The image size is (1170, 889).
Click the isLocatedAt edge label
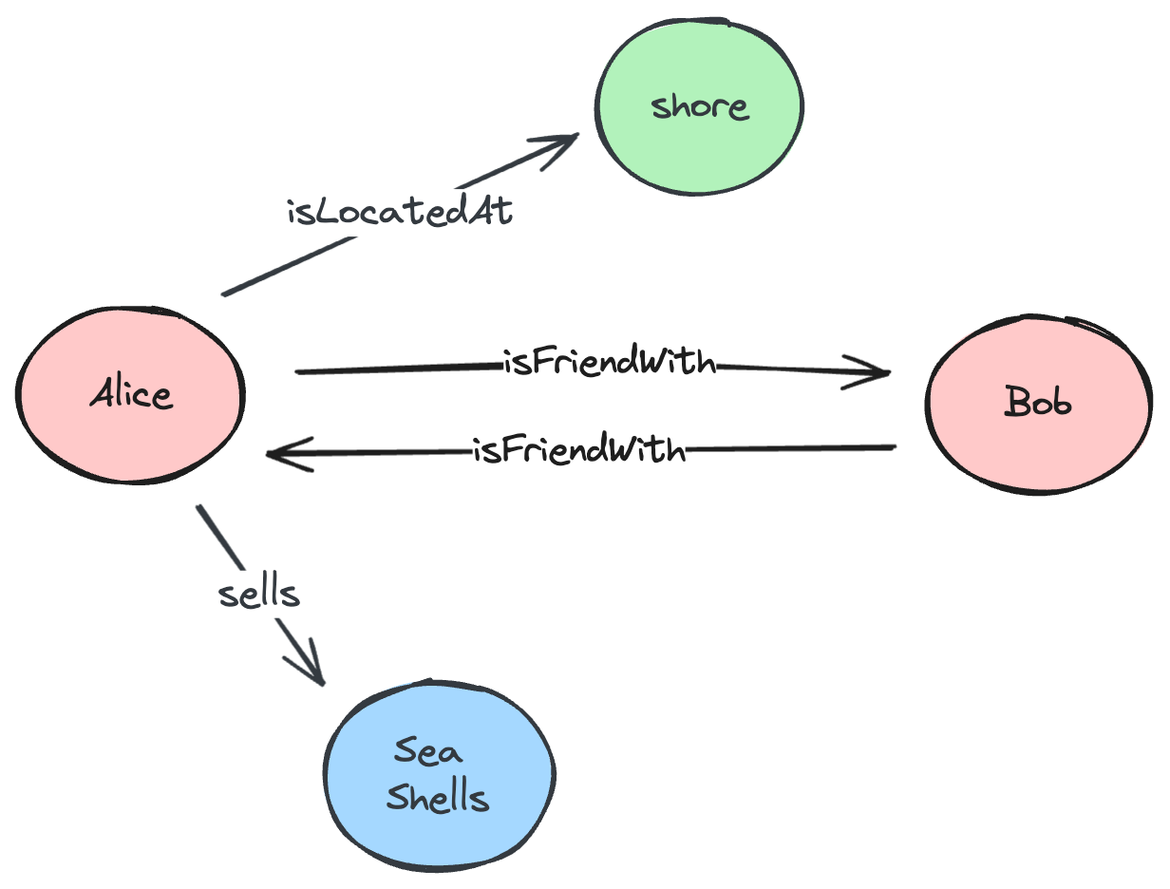400,212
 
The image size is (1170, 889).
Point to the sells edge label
258,594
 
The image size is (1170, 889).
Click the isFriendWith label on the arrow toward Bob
609,364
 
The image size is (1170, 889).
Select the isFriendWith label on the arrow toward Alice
578,449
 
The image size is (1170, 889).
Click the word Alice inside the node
132,393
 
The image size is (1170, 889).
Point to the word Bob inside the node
1038,404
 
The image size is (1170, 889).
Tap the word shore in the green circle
700,106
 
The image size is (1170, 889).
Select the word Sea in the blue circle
429,752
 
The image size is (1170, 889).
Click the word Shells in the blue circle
438,798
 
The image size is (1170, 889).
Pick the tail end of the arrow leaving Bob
893,446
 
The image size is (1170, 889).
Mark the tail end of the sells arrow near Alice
198,509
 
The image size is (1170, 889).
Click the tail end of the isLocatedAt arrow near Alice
224,293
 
